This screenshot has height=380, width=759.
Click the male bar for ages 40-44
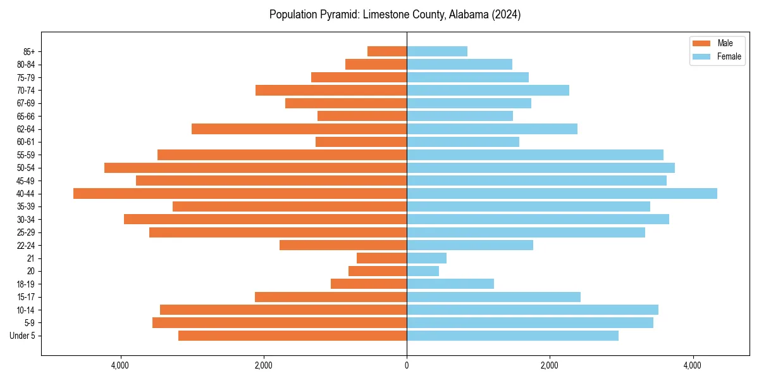[240, 193]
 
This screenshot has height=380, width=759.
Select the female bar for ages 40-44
[562, 193]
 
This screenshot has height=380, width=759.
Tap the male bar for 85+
[387, 51]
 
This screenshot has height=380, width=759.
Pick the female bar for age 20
[423, 271]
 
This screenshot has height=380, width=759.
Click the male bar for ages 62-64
[299, 129]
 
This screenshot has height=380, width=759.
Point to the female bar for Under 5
[512, 336]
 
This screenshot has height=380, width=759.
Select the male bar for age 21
[381, 258]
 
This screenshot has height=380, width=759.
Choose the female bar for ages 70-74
[488, 90]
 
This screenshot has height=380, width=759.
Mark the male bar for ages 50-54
[256, 167]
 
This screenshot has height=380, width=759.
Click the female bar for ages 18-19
[450, 284]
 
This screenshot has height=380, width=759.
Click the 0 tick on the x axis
[407, 365]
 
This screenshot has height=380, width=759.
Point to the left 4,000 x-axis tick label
[120, 365]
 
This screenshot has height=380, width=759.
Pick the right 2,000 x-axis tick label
[550, 365]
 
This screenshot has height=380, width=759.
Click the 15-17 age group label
[26, 297]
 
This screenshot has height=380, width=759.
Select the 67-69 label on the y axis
[26, 103]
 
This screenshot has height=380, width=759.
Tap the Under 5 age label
[23, 336]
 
